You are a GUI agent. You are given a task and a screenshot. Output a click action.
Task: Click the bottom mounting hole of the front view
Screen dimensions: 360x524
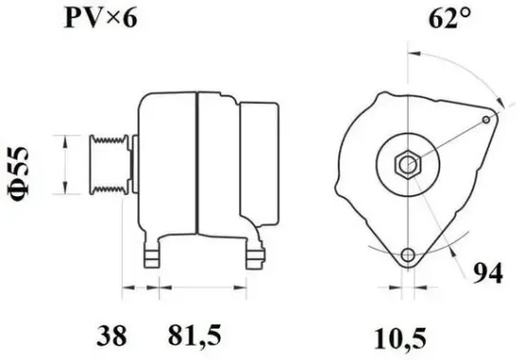tap(410, 257)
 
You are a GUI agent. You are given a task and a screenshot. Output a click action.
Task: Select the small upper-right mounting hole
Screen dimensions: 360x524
tap(489, 119)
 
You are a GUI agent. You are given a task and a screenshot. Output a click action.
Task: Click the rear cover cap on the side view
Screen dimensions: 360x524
tap(254, 164)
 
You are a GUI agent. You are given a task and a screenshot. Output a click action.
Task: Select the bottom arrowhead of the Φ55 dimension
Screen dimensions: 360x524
tap(65, 190)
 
